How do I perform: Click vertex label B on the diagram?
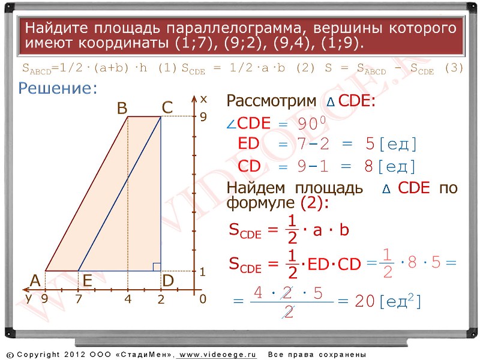coord(122,108)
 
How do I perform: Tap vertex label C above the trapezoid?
coord(167,108)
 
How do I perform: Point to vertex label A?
coord(35,280)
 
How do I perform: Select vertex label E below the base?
coord(88,280)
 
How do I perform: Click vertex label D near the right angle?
coord(168,280)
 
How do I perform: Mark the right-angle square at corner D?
coord(157,267)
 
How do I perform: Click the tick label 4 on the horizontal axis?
coord(128,299)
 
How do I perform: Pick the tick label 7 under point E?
coord(79,299)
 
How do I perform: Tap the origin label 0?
coord(203,299)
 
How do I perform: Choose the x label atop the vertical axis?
coord(203,99)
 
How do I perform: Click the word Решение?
coord(58,88)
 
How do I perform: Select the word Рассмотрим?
coord(271,101)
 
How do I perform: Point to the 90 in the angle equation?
coord(307,124)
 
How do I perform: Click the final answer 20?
coord(365,301)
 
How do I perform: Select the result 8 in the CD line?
coord(368,166)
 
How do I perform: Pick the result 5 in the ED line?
coord(370,143)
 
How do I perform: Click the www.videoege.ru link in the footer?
coord(218,355)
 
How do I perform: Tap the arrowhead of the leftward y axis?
coord(26,289)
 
